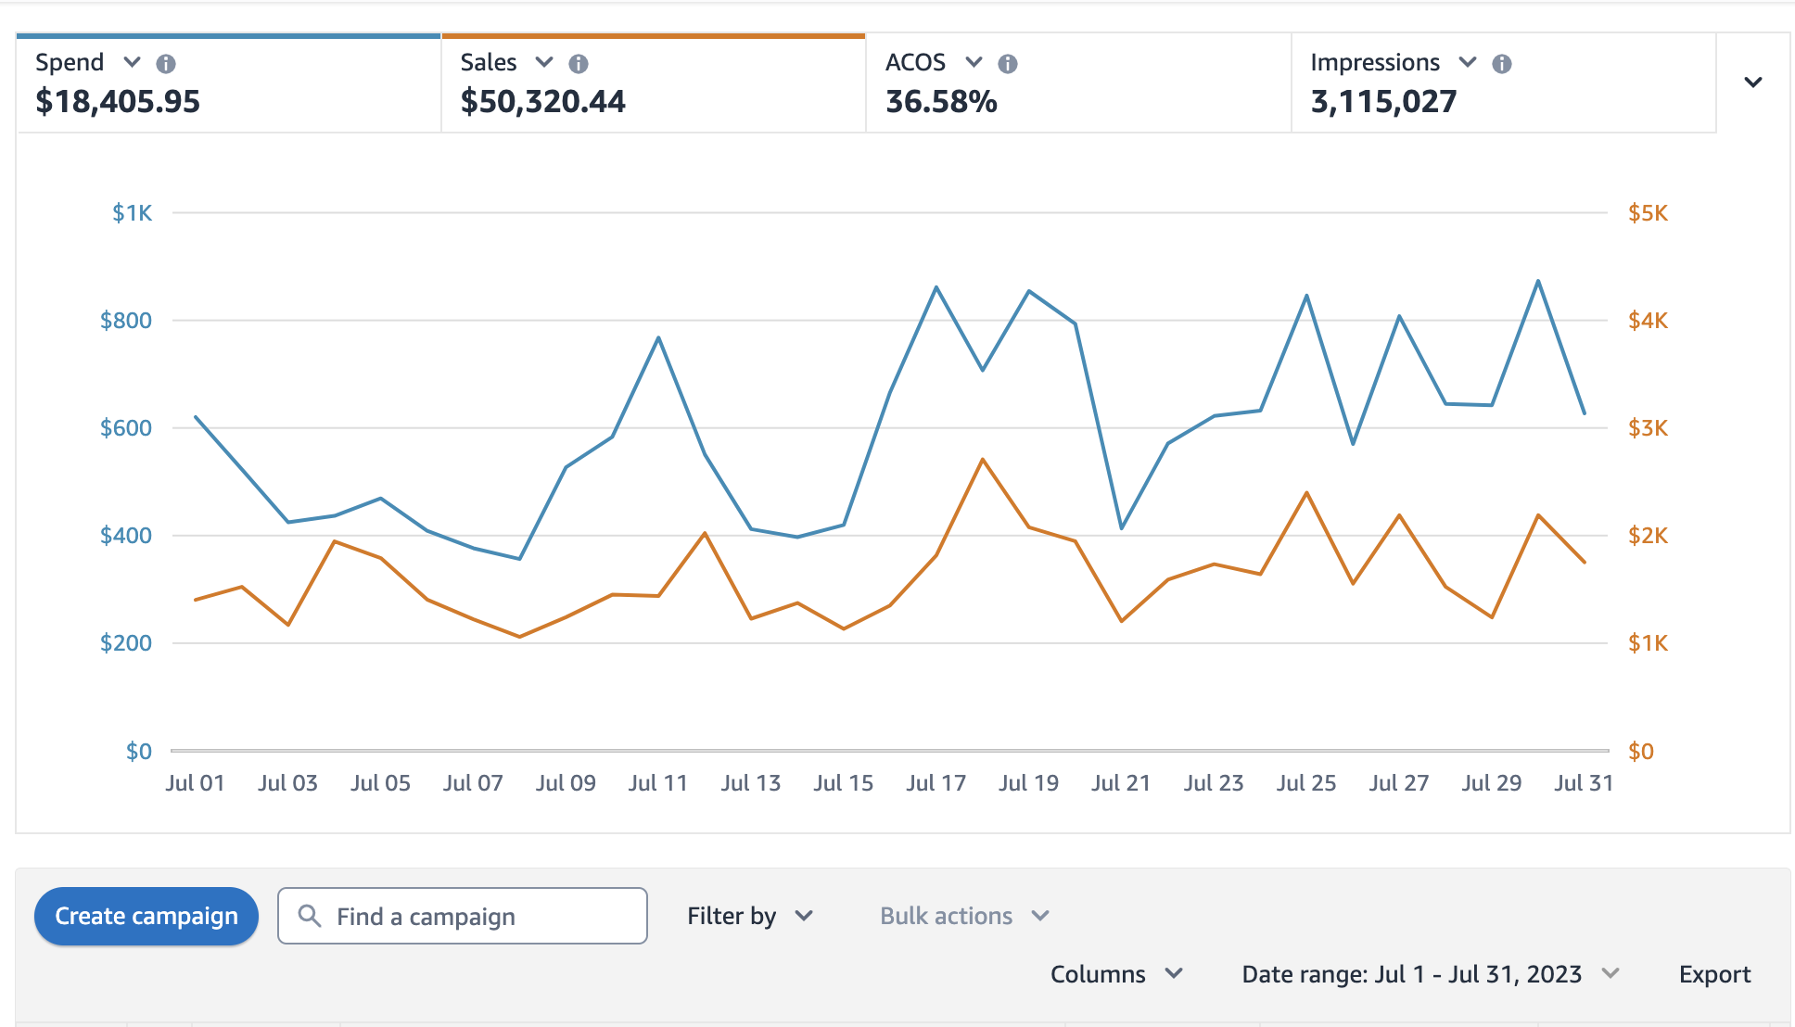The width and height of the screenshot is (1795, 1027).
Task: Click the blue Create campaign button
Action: coord(146,916)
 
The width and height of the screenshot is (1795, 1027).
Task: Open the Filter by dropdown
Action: coord(749,916)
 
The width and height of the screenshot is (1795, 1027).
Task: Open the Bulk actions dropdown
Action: coord(963,916)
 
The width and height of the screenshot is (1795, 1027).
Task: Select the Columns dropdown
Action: coord(1116,974)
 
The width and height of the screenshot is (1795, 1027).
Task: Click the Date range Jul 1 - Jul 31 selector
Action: coord(1429,974)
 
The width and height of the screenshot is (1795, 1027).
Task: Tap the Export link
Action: coord(1714,974)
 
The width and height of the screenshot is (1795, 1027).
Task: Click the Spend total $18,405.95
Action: coord(118,101)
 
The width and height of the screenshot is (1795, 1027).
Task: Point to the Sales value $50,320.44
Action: coord(542,101)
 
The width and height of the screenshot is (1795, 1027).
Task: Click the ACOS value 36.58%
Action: coord(941,101)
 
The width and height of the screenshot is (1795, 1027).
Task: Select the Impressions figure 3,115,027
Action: coord(1383,101)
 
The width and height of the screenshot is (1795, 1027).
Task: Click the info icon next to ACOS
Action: coord(1008,63)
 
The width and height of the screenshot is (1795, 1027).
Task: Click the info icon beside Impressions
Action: coord(1502,63)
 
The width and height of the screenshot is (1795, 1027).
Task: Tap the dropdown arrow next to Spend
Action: coord(133,62)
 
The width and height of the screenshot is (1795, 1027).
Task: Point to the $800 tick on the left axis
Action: coord(126,321)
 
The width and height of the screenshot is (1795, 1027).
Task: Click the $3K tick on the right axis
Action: coord(1648,428)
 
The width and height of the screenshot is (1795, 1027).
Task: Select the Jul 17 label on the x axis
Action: coord(936,783)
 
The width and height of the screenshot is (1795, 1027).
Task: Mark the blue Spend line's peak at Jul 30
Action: coord(1538,281)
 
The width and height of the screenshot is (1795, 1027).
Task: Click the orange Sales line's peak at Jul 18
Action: coord(983,460)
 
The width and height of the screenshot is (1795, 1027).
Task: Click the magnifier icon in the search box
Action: coord(310,916)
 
